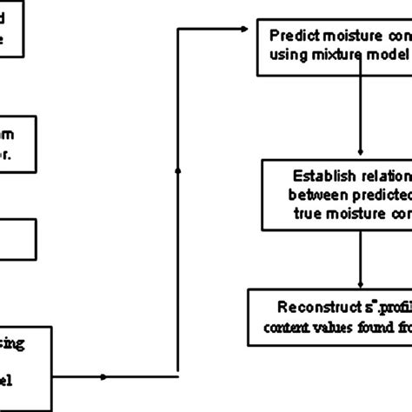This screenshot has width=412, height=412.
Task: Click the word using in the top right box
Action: pyautogui.click(x=291, y=56)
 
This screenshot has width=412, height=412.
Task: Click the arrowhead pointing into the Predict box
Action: pyautogui.click(x=255, y=30)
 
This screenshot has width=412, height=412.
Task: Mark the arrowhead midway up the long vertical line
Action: pyautogui.click(x=177, y=172)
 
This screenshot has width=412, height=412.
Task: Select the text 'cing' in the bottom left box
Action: pyautogui.click(x=17, y=345)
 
